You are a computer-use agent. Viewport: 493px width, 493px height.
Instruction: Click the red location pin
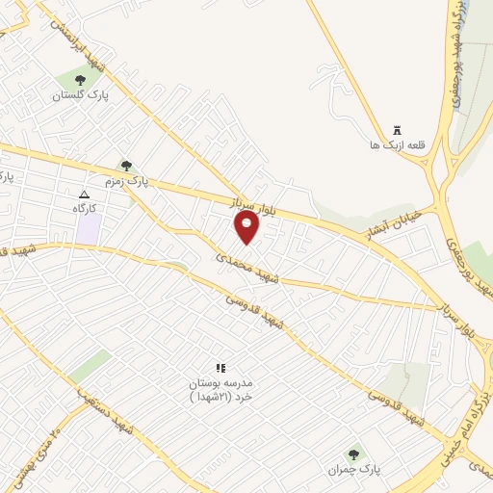click(247, 227)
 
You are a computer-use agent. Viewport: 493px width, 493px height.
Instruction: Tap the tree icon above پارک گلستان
click(79, 81)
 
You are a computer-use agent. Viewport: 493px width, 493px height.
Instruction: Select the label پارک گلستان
click(80, 96)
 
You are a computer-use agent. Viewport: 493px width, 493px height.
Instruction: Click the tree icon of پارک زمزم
click(126, 166)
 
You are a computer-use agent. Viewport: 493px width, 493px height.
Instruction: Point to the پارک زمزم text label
click(128, 180)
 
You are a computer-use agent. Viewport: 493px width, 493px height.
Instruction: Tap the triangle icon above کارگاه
click(83, 194)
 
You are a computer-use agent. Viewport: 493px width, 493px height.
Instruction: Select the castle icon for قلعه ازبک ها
click(397, 131)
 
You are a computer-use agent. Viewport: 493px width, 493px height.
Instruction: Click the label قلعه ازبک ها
click(397, 145)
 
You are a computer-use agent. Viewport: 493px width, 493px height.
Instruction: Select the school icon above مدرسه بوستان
click(221, 368)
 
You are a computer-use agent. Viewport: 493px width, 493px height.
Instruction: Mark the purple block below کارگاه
click(89, 230)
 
